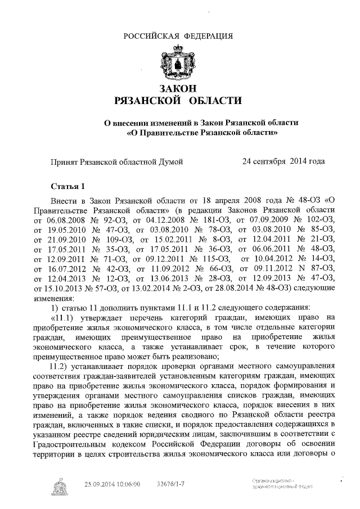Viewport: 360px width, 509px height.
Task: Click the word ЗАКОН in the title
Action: (178, 89)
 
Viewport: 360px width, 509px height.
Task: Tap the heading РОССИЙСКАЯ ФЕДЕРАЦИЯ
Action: (178, 37)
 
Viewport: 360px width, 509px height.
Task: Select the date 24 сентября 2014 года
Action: (283, 161)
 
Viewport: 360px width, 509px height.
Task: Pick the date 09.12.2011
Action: (154, 258)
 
